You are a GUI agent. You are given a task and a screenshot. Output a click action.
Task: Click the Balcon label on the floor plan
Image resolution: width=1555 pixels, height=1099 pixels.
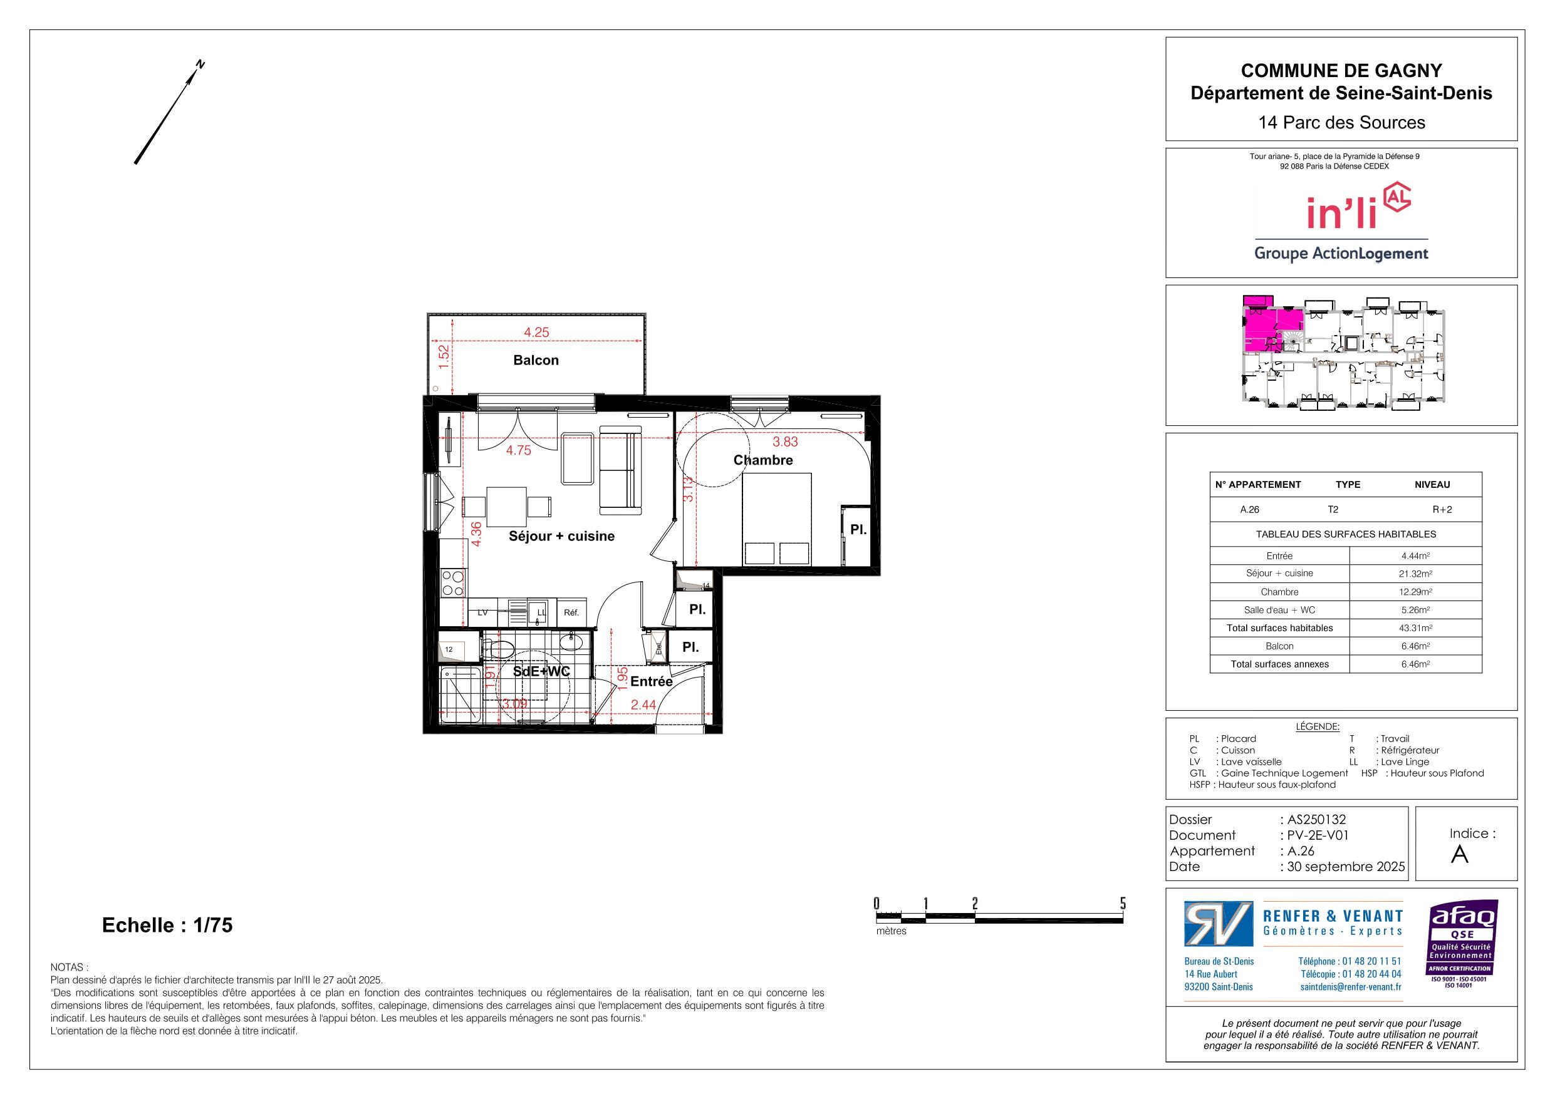536,360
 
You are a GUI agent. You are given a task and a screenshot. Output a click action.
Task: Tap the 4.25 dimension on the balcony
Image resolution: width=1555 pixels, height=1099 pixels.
536,333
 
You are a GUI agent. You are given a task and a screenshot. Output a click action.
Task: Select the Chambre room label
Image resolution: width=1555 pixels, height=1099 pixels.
762,460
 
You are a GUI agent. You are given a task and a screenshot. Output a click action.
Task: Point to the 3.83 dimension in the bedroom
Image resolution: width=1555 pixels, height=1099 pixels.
785,441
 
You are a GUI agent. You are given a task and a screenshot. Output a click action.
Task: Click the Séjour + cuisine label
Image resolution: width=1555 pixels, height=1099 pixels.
561,536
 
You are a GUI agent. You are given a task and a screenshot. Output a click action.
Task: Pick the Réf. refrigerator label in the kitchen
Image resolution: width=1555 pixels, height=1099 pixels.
571,613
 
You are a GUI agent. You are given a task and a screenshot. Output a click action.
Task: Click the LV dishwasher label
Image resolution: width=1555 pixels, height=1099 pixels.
483,613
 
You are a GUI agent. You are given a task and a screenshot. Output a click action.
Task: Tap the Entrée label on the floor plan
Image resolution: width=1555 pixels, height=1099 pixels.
652,681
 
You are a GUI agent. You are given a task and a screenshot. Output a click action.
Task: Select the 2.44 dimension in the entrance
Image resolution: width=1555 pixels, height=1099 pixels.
643,705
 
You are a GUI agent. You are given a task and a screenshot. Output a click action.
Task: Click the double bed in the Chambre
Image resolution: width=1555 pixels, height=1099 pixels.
777,519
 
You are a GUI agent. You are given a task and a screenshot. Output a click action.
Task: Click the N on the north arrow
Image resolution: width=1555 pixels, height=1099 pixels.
200,65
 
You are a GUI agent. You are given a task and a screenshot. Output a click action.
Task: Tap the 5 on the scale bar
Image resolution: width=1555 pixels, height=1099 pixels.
1122,903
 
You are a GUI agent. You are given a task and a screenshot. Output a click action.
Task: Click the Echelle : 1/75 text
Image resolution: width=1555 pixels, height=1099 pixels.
167,926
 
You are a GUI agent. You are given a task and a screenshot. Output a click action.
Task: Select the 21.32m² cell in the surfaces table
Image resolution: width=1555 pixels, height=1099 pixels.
1415,574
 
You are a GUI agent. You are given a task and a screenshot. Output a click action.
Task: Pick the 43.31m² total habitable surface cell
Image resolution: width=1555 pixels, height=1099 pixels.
1415,628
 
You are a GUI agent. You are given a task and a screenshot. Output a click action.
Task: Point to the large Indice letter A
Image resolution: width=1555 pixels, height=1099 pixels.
1460,855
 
